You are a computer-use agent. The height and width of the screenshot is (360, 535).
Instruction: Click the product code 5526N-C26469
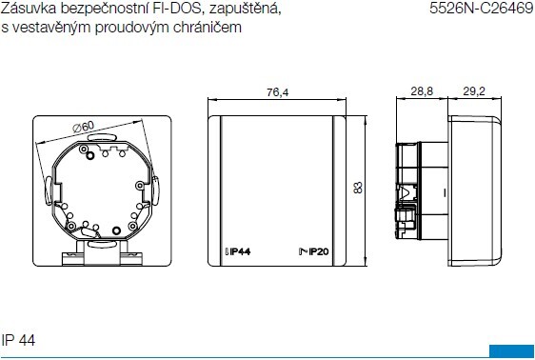pyautogui.click(x=482, y=8)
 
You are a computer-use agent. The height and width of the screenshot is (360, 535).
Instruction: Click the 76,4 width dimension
pyautogui.click(x=277, y=92)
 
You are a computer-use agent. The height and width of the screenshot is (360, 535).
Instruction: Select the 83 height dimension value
pyautogui.click(x=358, y=188)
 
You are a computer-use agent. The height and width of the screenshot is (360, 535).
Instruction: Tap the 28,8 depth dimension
pyautogui.click(x=422, y=91)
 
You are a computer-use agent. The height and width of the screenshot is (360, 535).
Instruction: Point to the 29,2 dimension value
pyautogui.click(x=474, y=91)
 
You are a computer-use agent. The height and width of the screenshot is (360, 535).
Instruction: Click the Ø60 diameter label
pyautogui.click(x=83, y=127)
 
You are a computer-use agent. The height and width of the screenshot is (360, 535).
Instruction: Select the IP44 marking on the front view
pyautogui.click(x=238, y=251)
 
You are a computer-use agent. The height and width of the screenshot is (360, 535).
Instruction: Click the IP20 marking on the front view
pyautogui.click(x=314, y=251)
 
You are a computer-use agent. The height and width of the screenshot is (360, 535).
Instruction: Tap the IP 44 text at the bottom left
pyautogui.click(x=18, y=340)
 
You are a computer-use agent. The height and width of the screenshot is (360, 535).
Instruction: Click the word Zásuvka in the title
pyautogui.click(x=29, y=9)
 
